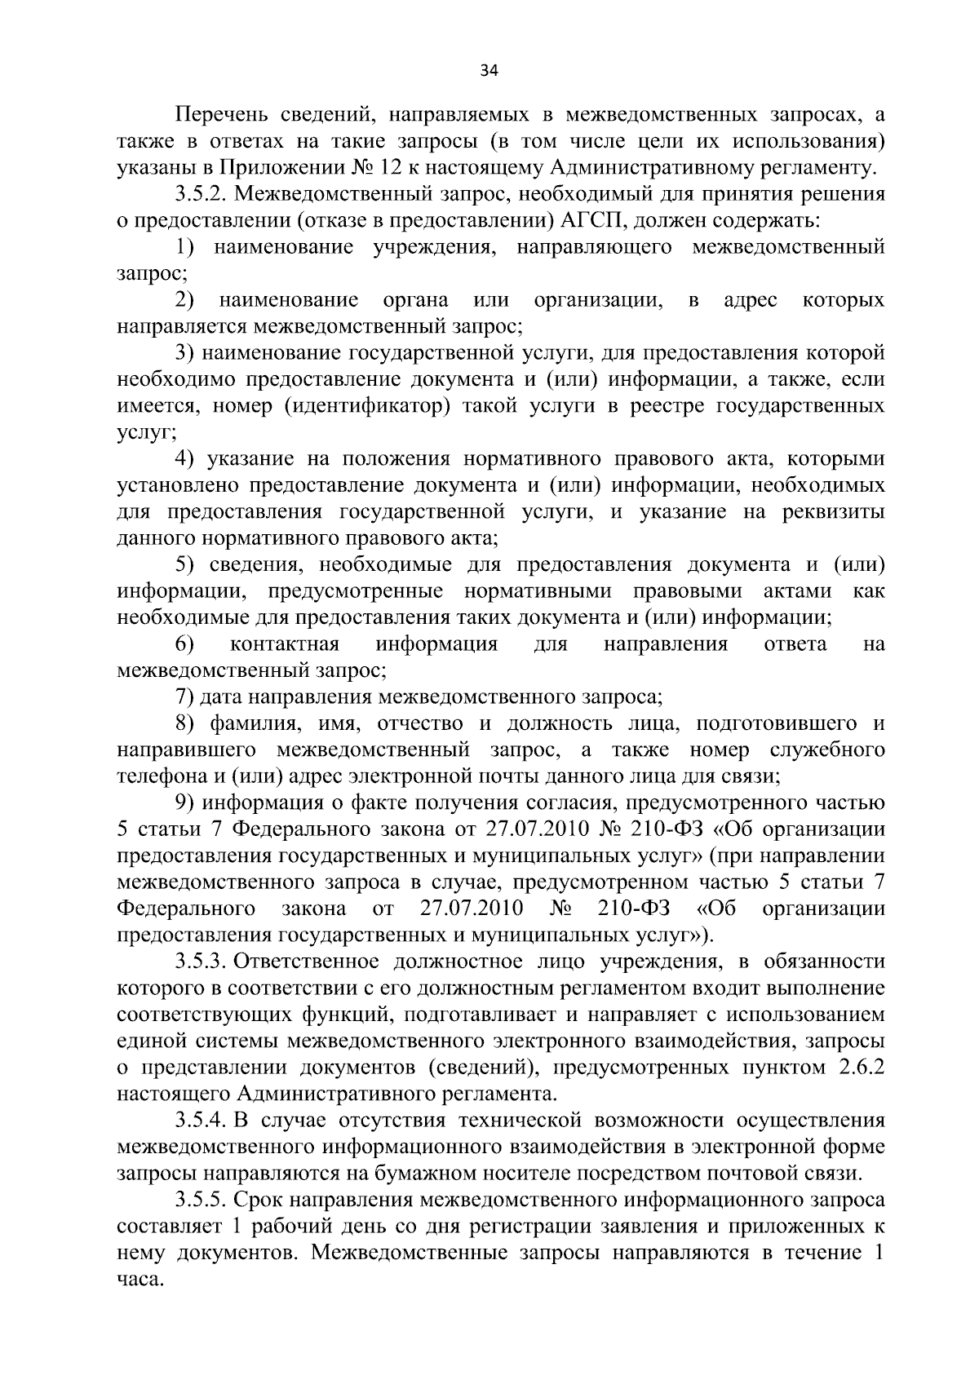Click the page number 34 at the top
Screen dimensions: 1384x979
coord(489,70)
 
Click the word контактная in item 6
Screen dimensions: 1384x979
coord(285,644)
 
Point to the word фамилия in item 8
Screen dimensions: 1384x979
coord(247,724)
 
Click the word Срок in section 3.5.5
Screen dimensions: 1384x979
coord(256,1200)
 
